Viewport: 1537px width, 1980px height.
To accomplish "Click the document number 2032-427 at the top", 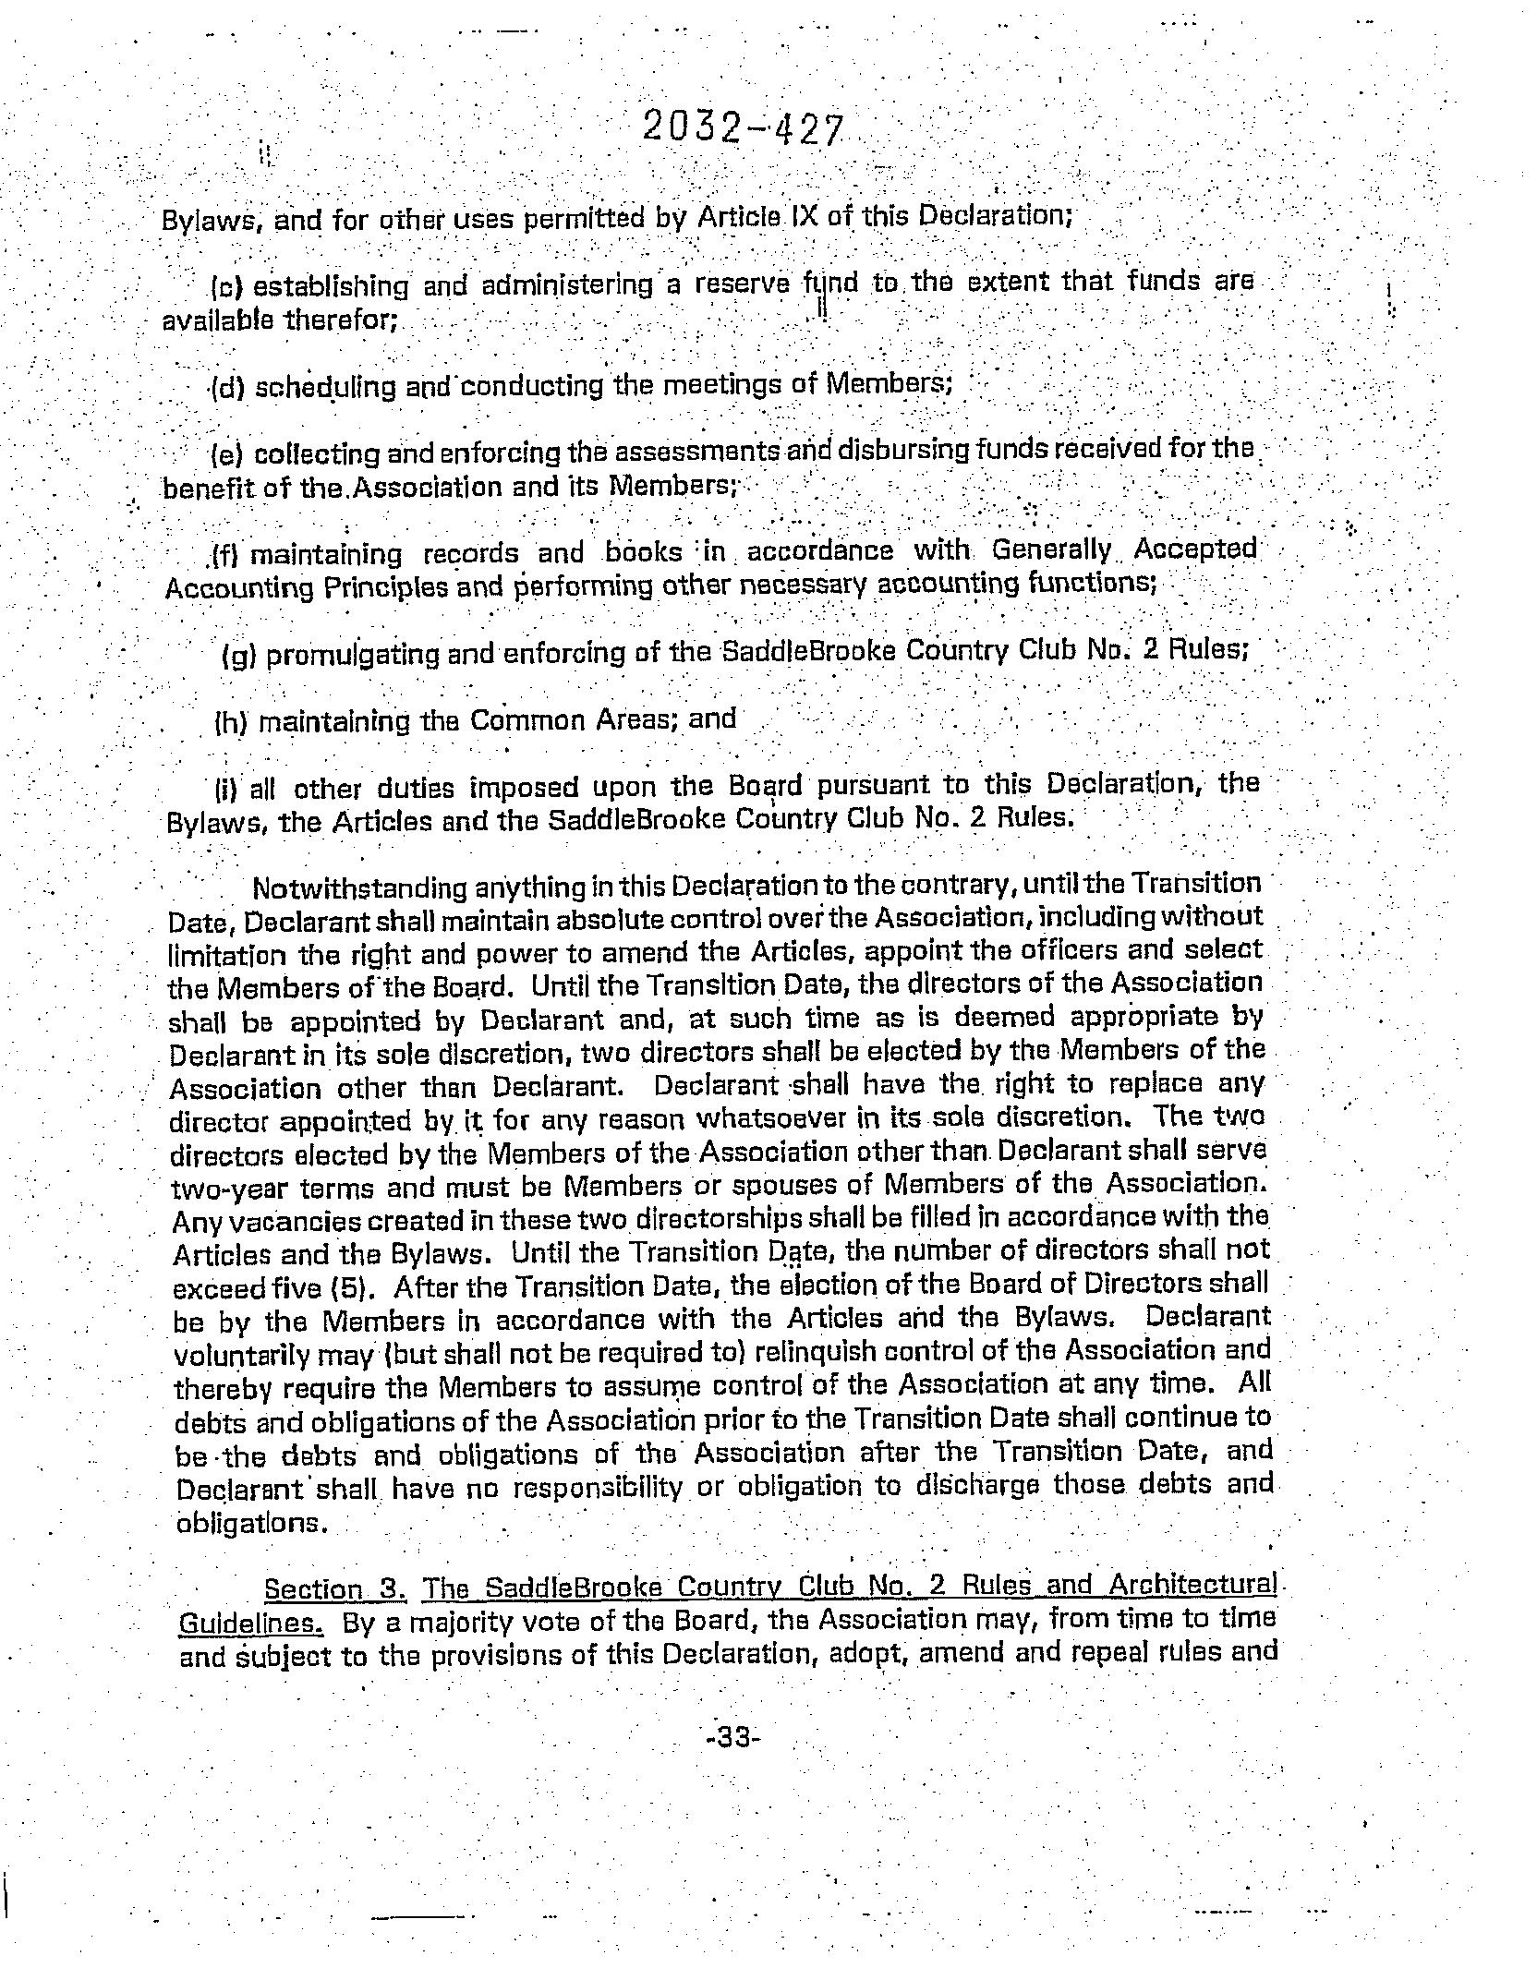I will [742, 130].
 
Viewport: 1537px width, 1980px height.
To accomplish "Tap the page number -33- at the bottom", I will [732, 1737].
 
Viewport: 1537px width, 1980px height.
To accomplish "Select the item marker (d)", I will [227, 387].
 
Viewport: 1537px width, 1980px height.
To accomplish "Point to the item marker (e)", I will [226, 454].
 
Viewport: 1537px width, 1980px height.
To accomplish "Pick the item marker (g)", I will [239, 657].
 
